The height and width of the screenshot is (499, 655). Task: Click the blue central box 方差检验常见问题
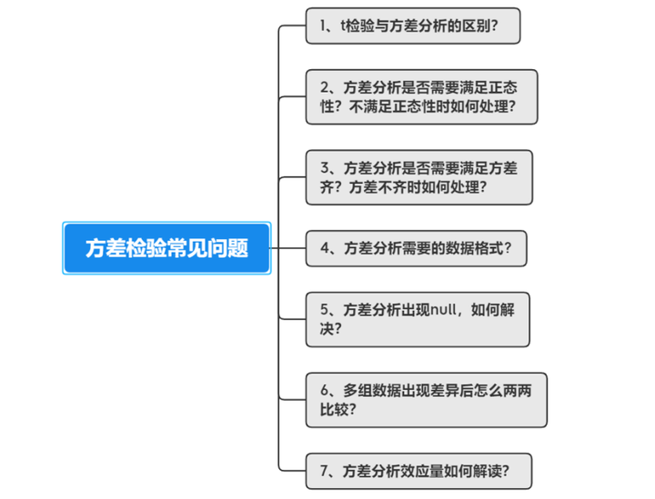point(166,247)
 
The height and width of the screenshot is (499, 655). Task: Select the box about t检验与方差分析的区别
point(413,26)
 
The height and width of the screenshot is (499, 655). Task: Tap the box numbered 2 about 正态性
point(421,96)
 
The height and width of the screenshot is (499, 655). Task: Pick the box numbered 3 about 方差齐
point(418,177)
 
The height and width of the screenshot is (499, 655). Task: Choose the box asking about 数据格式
point(416,247)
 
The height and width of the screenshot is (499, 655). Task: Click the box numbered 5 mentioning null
point(418,318)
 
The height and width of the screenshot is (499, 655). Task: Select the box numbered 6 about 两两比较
point(426,399)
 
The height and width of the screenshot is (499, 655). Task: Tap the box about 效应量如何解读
point(418,471)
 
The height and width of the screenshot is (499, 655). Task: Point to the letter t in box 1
point(343,26)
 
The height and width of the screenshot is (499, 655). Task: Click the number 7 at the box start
point(325,471)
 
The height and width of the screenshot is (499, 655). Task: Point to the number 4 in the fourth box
point(325,247)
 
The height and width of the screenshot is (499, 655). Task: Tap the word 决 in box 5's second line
point(326,328)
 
